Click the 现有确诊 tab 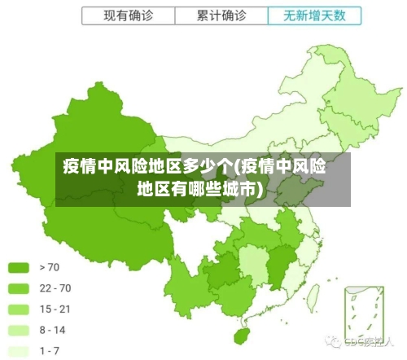pyautogui.click(x=128, y=15)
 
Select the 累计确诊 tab pyautogui.click(x=221, y=15)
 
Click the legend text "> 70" pyautogui.click(x=49, y=266)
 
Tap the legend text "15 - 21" pyautogui.click(x=55, y=309)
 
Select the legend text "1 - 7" pyautogui.click(x=50, y=351)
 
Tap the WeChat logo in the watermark pyautogui.click(x=334, y=340)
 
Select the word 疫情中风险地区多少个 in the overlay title pyautogui.click(x=147, y=169)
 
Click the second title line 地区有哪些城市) pyautogui.click(x=199, y=190)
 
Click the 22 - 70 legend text pyautogui.click(x=55, y=288)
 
